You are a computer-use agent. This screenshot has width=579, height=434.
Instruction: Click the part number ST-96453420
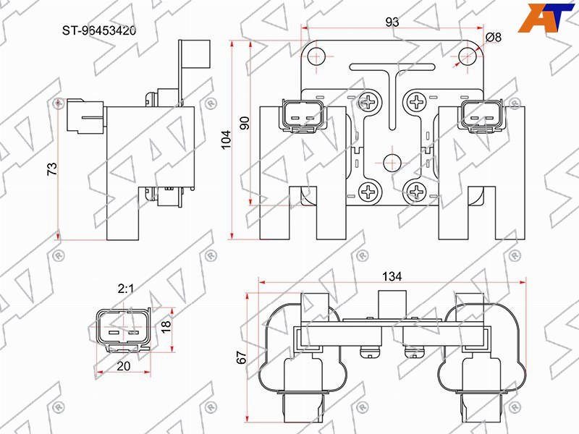point(99,30)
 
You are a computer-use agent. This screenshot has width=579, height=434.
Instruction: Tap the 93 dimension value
point(392,22)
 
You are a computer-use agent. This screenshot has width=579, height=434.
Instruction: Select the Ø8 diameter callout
point(494,37)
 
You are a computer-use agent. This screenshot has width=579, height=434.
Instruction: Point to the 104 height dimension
point(226,140)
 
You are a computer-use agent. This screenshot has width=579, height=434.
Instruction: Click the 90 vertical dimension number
point(245,123)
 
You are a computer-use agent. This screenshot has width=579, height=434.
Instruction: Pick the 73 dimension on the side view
point(52,169)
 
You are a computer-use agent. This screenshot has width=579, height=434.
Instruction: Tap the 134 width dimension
point(392,276)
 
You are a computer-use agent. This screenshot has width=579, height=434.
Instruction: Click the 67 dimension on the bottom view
point(241,357)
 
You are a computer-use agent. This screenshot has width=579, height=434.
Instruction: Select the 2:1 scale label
point(125,289)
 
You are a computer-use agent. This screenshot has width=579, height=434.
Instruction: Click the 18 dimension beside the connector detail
point(166,325)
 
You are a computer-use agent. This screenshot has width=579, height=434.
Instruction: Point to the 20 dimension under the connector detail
point(123,366)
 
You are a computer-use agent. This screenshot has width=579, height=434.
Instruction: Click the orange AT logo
point(546,17)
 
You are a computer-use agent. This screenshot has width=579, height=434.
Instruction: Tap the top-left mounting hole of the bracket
point(316,56)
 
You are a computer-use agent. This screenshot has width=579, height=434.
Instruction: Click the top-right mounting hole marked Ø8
point(467,56)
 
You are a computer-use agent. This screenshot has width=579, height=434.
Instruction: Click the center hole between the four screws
point(392,163)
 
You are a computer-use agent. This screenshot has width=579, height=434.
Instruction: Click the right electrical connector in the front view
point(481,115)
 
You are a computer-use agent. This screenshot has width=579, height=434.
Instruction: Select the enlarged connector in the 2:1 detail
point(123,329)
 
